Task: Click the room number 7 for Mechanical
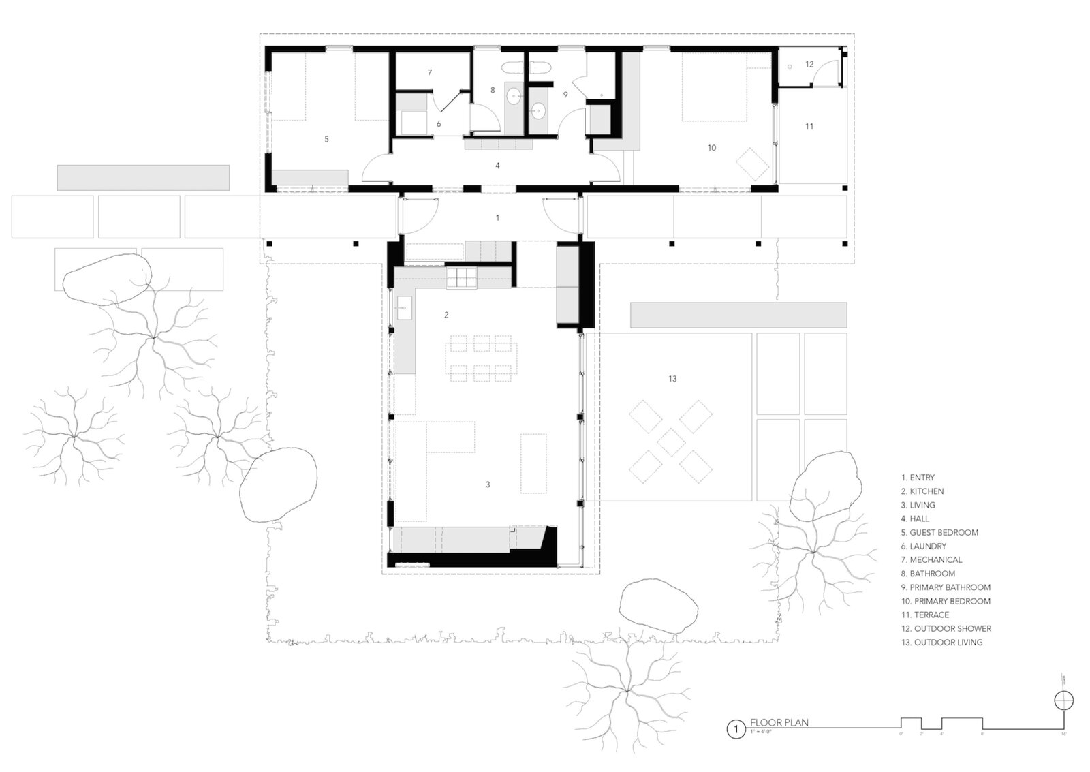[430, 72]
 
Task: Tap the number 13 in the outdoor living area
[672, 379]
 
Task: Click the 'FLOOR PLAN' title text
[779, 722]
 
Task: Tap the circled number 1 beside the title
[735, 730]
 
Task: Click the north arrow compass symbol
[1063, 700]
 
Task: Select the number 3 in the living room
[488, 484]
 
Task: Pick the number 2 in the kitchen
[446, 315]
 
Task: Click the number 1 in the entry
[497, 218]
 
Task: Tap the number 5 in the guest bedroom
[327, 139]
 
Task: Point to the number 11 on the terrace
[809, 126]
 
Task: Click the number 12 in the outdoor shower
[809, 65]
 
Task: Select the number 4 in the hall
[497, 166]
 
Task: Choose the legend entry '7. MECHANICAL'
[931, 559]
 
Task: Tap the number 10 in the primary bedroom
[712, 148]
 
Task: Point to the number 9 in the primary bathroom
[565, 95]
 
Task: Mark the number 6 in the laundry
[439, 124]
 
